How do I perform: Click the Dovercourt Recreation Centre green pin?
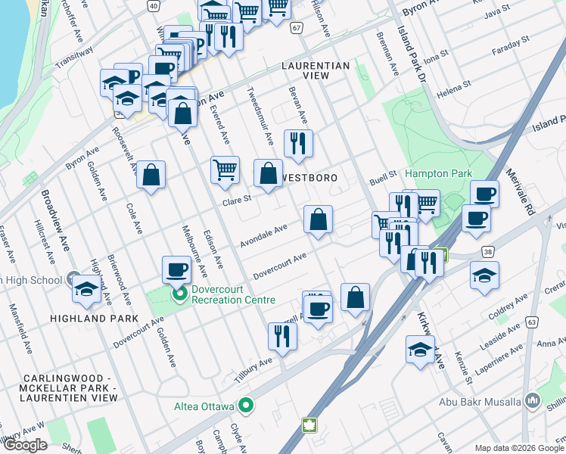point(179,294)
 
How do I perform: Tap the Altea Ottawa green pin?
point(245,406)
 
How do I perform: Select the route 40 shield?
point(154,6)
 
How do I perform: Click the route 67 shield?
point(297,28)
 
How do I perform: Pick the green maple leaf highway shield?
point(308,424)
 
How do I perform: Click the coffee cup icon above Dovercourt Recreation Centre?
point(177,269)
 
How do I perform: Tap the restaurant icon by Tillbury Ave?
point(282,335)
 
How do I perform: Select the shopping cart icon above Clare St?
point(225,170)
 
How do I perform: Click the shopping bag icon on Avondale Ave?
point(319,219)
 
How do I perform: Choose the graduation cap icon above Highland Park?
point(86,289)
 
